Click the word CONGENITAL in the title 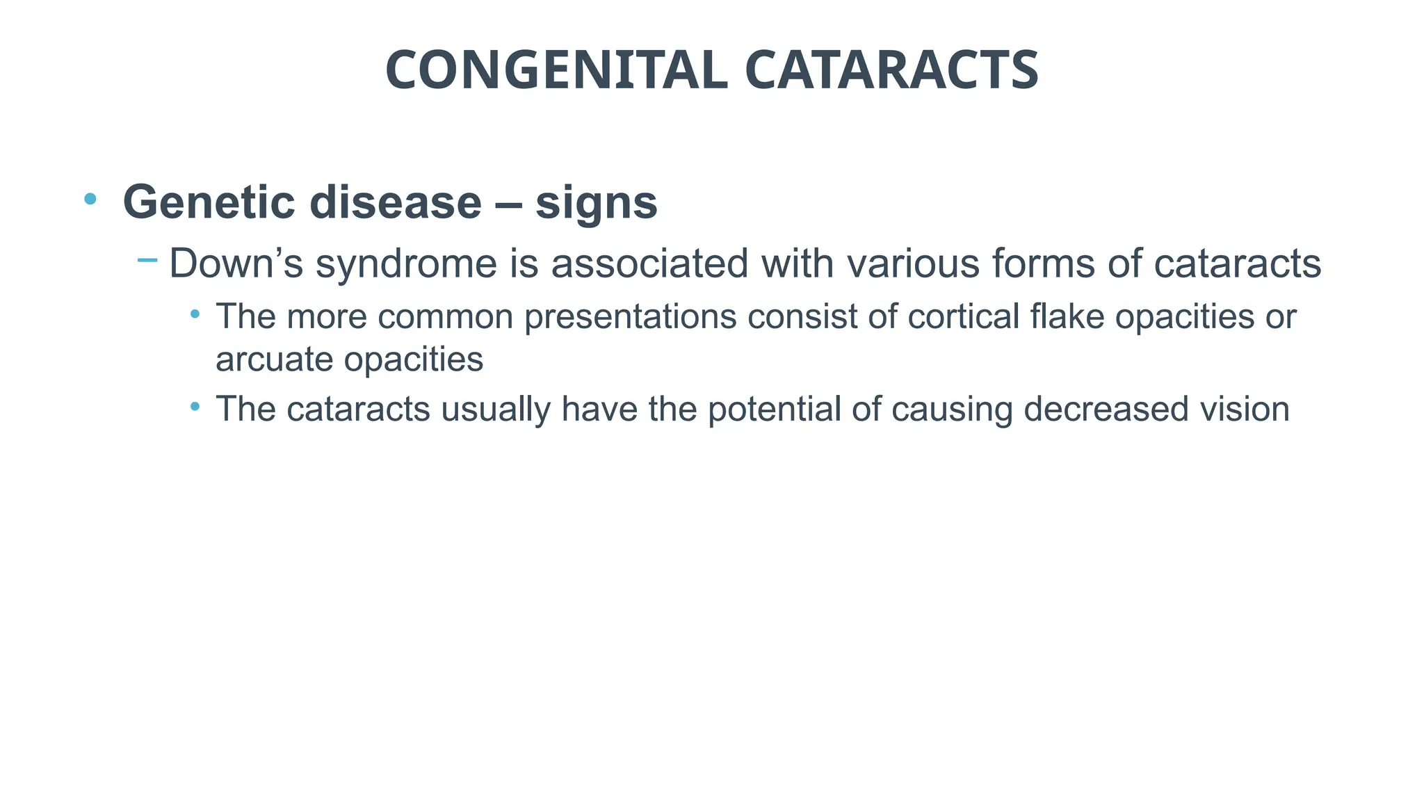point(556,71)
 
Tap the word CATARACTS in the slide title point(891,71)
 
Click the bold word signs point(596,202)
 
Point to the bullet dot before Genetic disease point(90,200)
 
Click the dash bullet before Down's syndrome point(147,261)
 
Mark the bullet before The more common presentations point(195,315)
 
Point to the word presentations point(630,317)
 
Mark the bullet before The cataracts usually point(195,406)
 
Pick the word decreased point(1106,409)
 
